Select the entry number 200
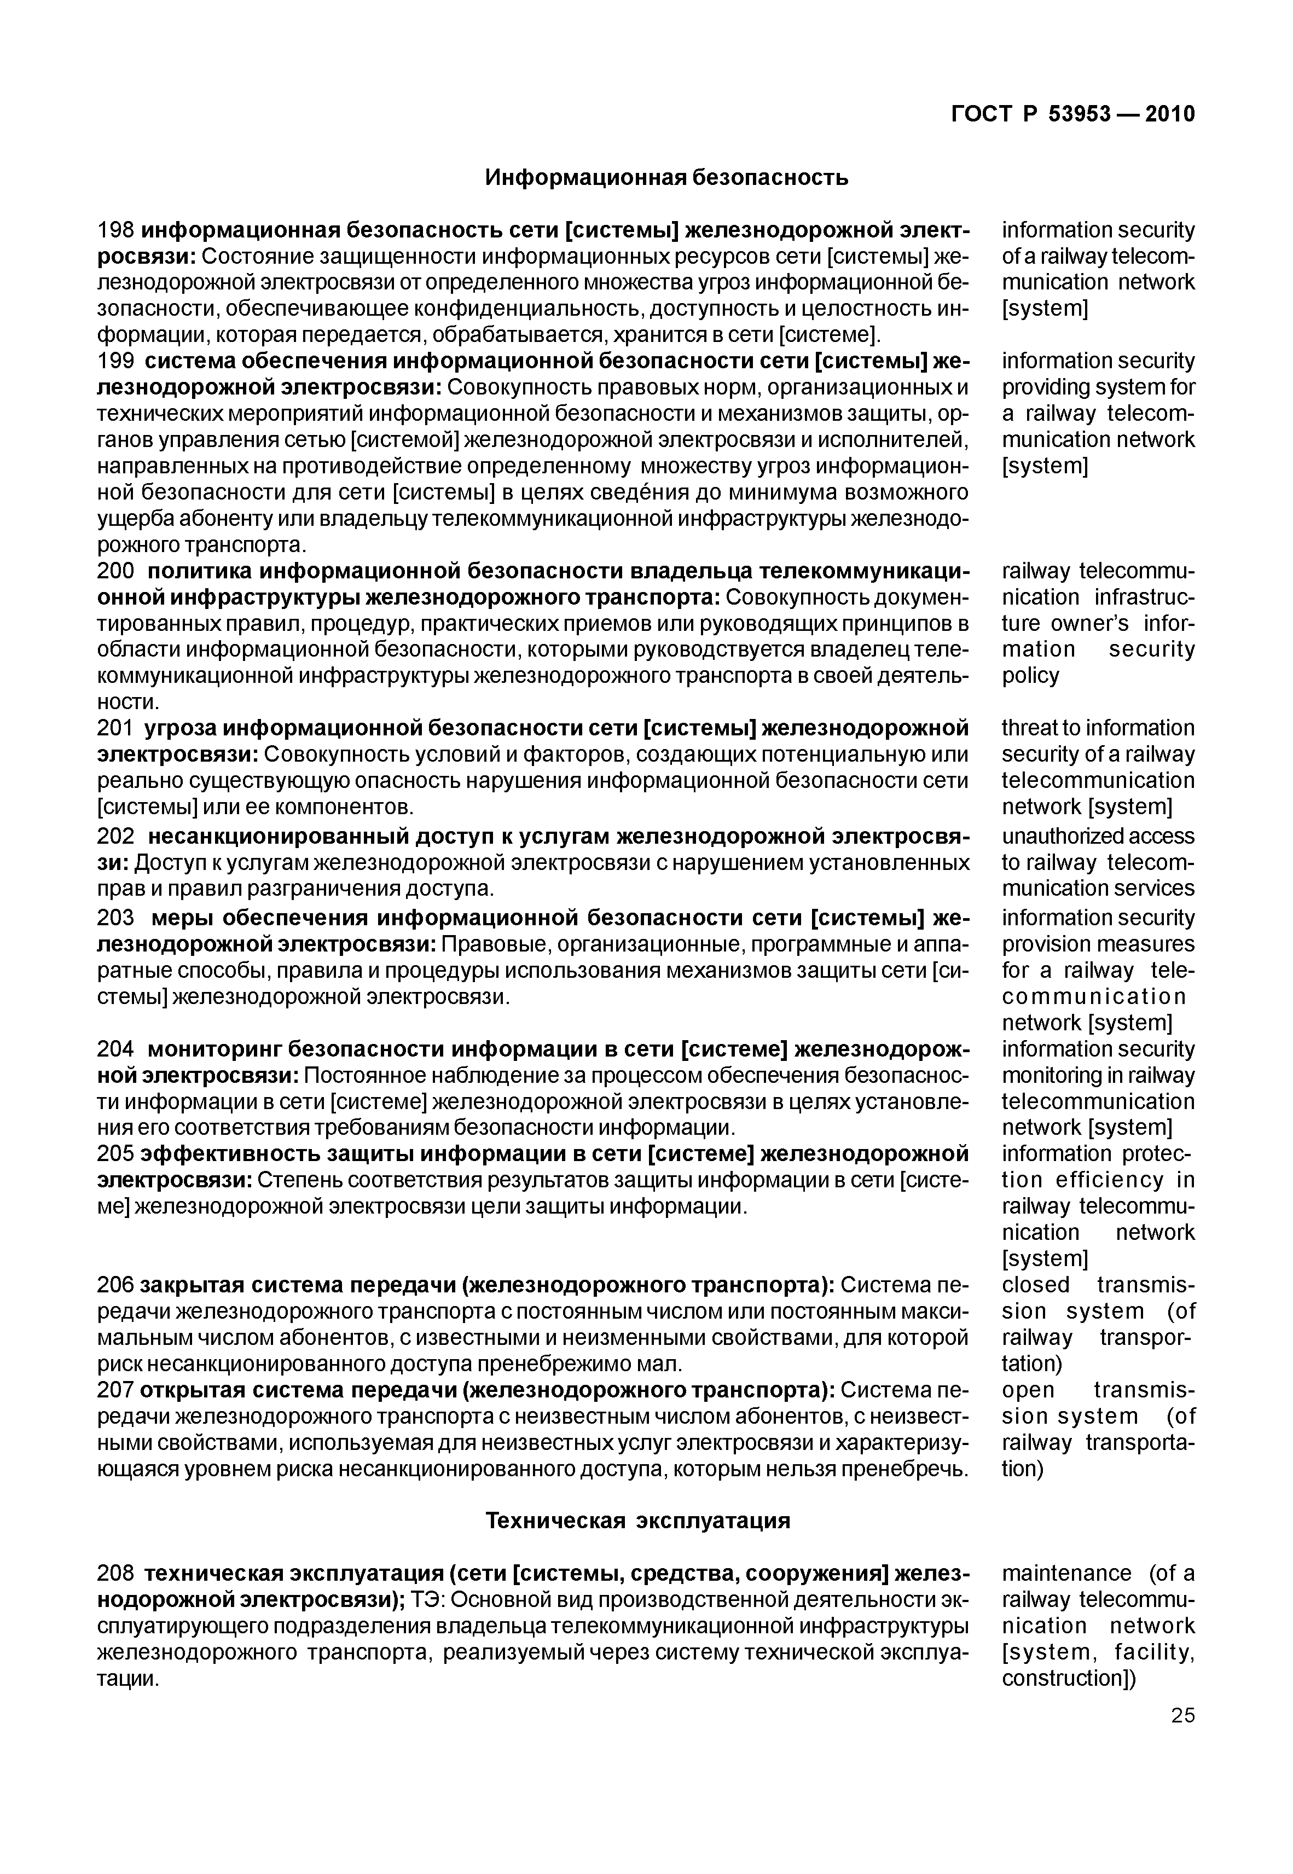(117, 571)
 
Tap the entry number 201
(116, 728)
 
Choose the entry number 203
(117, 918)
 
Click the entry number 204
(117, 1049)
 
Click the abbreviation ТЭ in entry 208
(427, 1600)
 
